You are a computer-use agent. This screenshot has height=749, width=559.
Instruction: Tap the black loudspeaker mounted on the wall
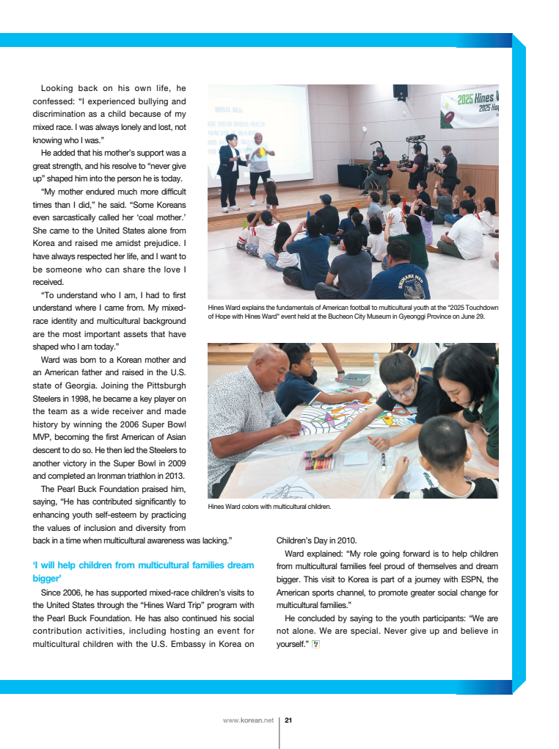click(400, 92)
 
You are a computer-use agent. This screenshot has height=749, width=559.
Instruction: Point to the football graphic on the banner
click(447, 115)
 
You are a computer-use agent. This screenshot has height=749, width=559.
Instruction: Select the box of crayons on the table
click(319, 460)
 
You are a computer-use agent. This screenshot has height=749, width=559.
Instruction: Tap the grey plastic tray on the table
click(357, 379)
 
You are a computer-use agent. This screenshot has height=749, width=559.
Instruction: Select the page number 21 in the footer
click(288, 720)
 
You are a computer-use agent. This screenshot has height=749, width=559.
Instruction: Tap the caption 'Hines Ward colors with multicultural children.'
click(269, 507)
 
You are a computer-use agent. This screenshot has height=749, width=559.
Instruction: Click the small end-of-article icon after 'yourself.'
click(315, 644)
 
